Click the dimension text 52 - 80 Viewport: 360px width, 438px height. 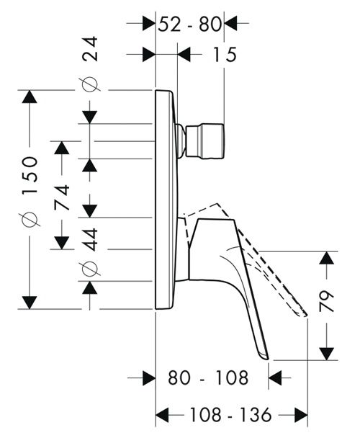189,24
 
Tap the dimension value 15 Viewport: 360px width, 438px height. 225,55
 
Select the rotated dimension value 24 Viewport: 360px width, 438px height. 90,48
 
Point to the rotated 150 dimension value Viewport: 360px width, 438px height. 30,176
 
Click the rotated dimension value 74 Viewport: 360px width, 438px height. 62,197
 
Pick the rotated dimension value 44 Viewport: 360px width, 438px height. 90,240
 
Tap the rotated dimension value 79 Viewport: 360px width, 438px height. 326,301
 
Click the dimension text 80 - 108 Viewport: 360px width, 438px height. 208,377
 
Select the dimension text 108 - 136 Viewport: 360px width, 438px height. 230,415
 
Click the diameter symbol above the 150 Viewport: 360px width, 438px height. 30,219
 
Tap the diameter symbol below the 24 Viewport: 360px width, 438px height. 90,84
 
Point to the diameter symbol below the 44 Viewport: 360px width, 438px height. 90,269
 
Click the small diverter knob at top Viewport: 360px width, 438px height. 204,141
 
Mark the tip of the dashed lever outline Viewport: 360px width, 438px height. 307,316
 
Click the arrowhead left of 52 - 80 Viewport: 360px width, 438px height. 148,24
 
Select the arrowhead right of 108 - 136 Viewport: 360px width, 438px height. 301,415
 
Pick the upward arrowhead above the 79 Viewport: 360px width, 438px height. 326,258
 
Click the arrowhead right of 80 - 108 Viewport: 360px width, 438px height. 275,377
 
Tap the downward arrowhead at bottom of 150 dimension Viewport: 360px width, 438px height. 30,303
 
